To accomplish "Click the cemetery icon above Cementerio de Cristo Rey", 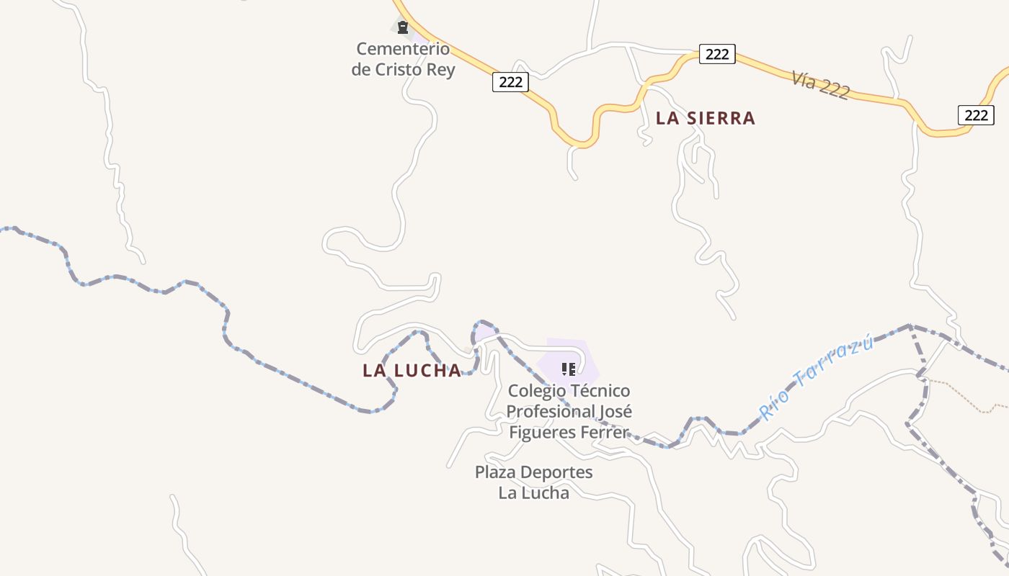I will [x=402, y=27].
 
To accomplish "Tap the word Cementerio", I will [x=403, y=49].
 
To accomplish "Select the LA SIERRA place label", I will [x=705, y=118].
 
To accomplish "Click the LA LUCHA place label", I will [x=412, y=370].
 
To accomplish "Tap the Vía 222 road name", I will [x=820, y=85].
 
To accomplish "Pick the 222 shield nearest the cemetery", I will [x=510, y=81].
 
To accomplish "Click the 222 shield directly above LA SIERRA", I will [x=716, y=54].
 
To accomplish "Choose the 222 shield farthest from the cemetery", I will [x=976, y=114].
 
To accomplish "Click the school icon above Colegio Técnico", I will [x=569, y=369].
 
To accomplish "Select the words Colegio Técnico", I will [x=569, y=391].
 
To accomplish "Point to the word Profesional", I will [x=550, y=412].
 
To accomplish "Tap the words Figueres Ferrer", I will [x=569, y=432].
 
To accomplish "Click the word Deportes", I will [x=558, y=472].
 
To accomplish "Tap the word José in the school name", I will [x=615, y=412].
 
